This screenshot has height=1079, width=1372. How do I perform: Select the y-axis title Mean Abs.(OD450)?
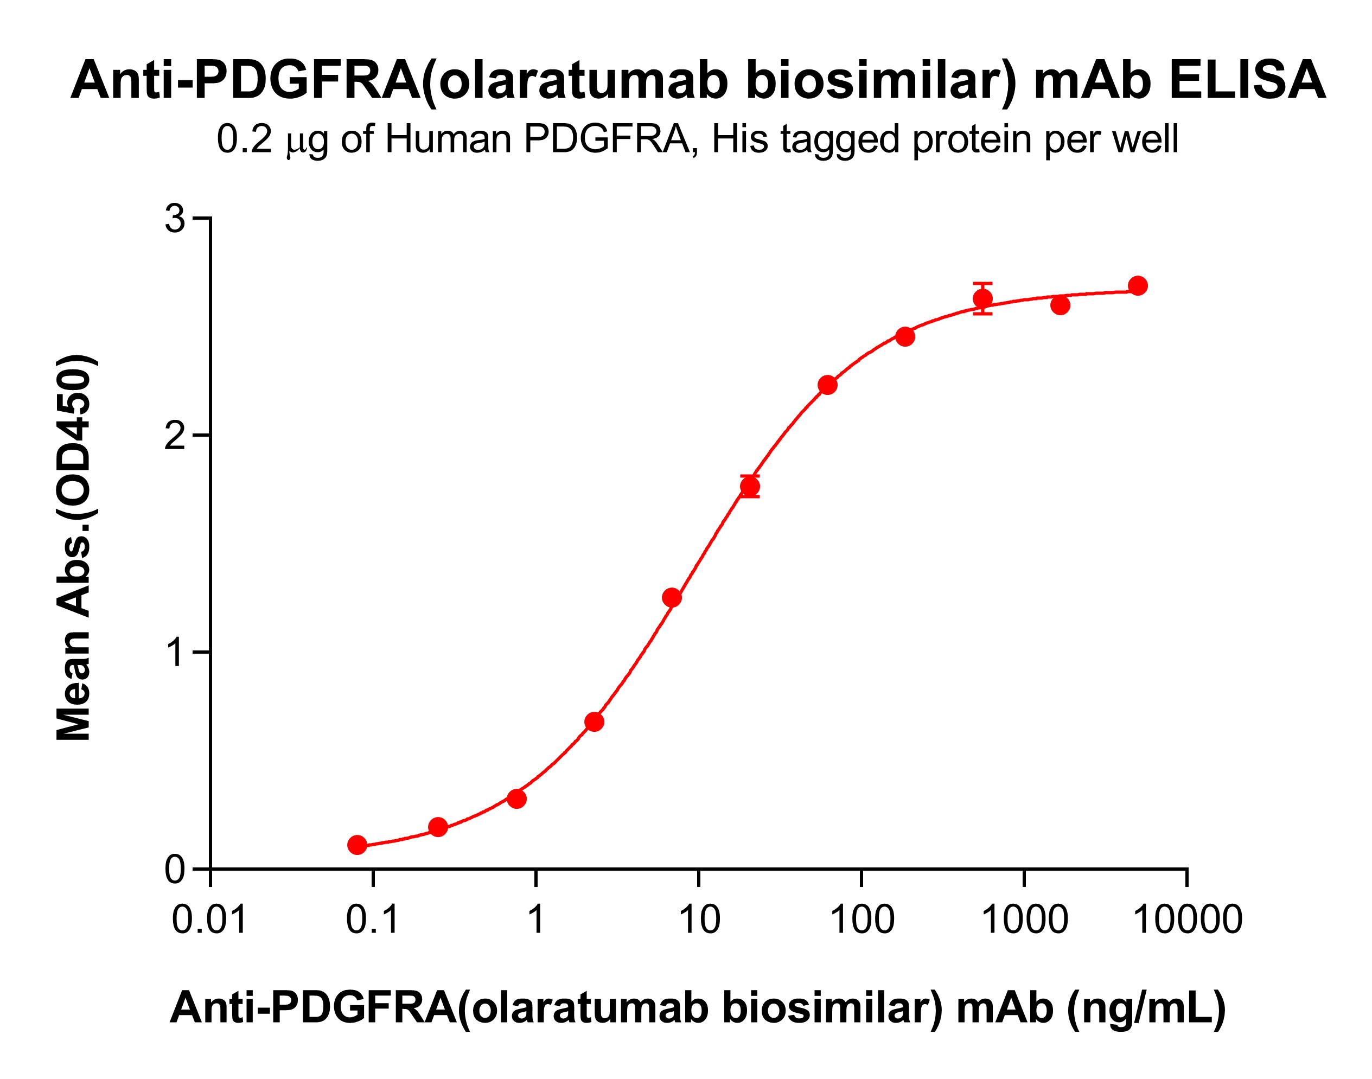(75, 547)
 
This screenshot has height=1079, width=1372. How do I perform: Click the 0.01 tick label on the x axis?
(210, 920)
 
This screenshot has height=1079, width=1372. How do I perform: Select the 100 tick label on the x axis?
(862, 920)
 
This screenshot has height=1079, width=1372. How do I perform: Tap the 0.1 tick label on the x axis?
(373, 920)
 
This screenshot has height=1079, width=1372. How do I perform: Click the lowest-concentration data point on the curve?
(358, 845)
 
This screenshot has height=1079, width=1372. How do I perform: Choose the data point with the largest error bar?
(982, 298)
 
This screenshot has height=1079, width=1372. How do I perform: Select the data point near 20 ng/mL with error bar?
(750, 487)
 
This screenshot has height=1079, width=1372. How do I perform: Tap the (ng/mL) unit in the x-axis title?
(1146, 1008)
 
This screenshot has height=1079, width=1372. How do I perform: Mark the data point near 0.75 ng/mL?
(516, 799)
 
